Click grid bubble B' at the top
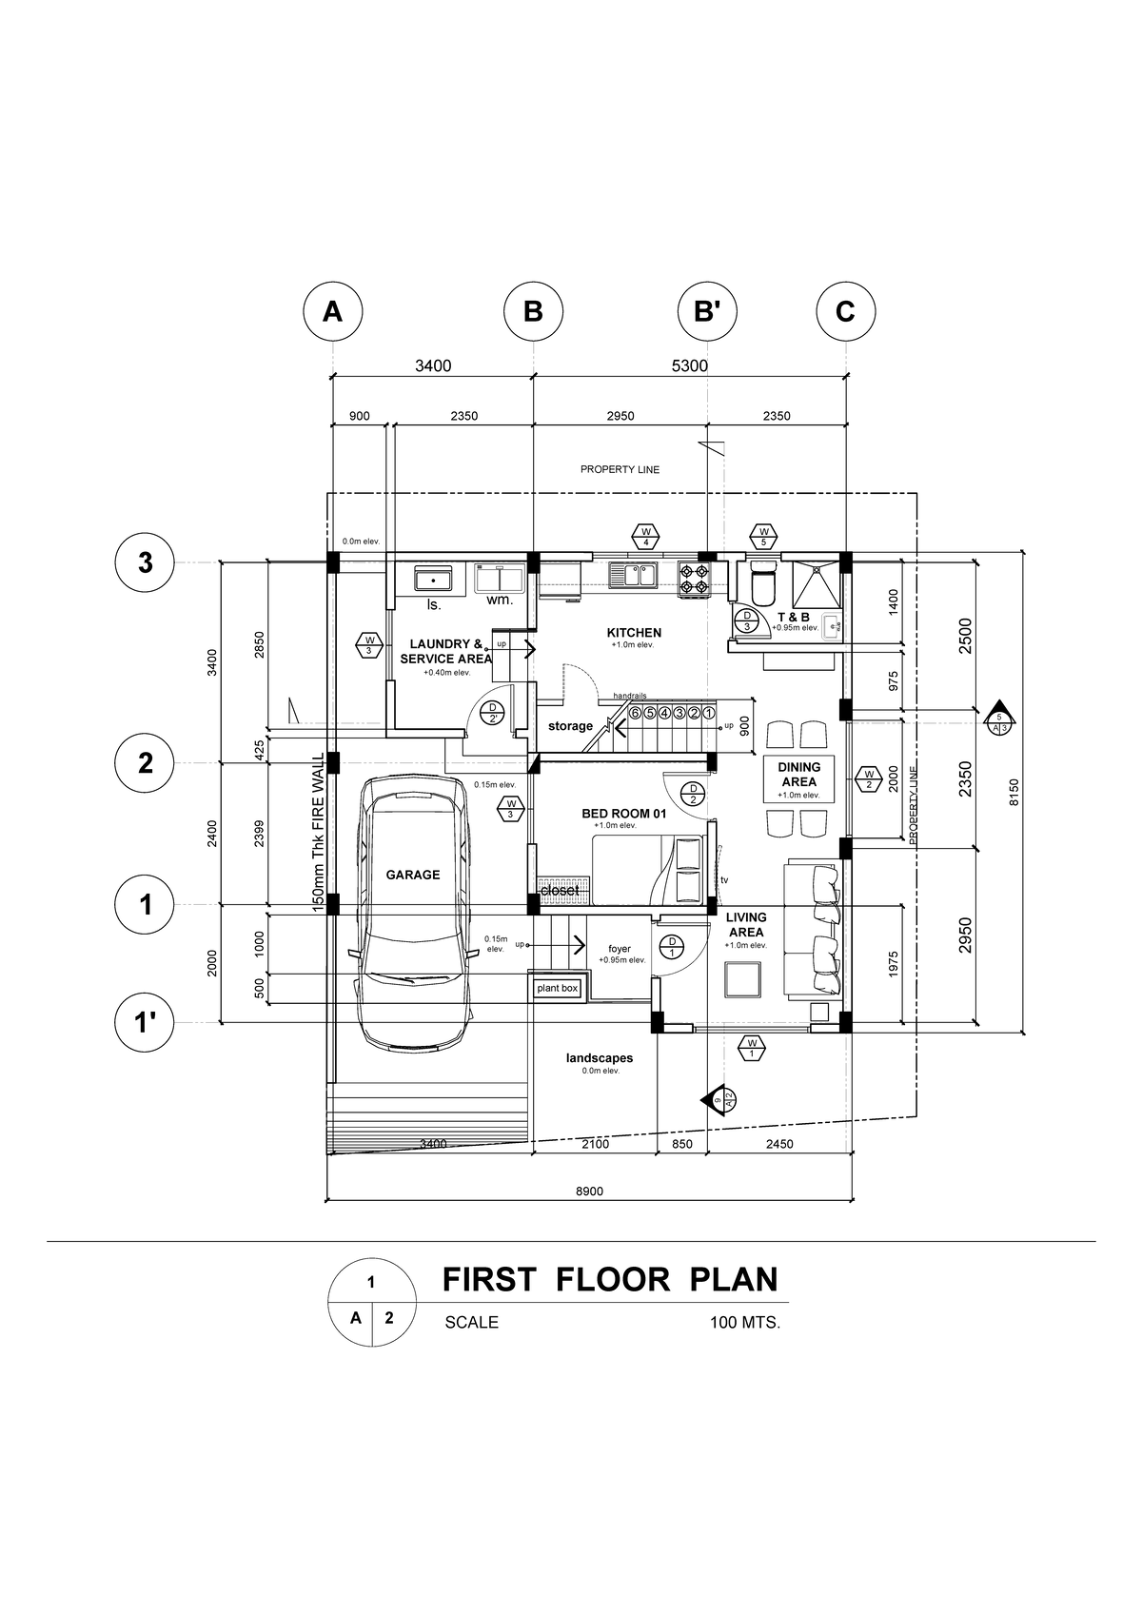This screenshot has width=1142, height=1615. point(706,311)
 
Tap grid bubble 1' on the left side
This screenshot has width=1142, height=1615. point(145,1023)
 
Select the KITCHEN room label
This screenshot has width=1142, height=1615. point(634,633)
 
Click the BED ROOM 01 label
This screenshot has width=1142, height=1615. point(623,815)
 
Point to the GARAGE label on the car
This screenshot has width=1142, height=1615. point(412,875)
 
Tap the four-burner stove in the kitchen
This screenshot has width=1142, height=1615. point(694,579)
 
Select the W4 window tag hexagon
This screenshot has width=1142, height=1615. point(645,536)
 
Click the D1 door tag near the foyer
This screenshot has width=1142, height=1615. point(672,946)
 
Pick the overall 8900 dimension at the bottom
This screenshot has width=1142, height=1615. point(589,1192)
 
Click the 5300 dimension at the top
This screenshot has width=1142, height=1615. point(689,365)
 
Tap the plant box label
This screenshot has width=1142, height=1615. point(557,989)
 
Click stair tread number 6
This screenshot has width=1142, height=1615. point(635,712)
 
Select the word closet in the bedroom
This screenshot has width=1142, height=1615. point(559,890)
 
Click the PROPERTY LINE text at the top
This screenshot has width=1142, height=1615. point(620,469)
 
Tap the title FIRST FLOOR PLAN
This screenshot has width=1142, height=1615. point(610,1279)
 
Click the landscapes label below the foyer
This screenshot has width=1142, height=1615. point(599,1058)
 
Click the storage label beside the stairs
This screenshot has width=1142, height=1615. point(570,726)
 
